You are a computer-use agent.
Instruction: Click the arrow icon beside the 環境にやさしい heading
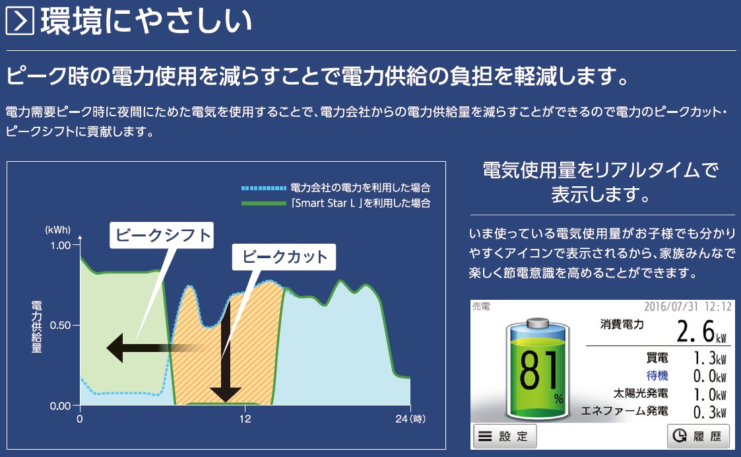(20, 21)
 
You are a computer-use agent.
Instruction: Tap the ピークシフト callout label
(162, 235)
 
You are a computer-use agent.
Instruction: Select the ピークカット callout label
(284, 257)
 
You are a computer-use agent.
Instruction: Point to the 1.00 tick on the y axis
(61, 245)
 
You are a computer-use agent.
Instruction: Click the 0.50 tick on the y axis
(61, 325)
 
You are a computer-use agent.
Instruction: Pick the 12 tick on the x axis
(245, 419)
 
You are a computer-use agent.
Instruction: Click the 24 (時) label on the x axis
(410, 419)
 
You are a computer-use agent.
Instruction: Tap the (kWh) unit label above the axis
(57, 230)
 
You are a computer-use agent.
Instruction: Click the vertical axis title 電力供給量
(36, 327)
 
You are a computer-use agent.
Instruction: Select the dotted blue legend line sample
(264, 188)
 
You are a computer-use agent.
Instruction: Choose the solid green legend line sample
(264, 203)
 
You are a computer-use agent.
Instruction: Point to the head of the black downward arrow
(226, 394)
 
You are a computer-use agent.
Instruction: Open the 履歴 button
(698, 436)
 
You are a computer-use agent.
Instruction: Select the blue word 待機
(657, 376)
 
